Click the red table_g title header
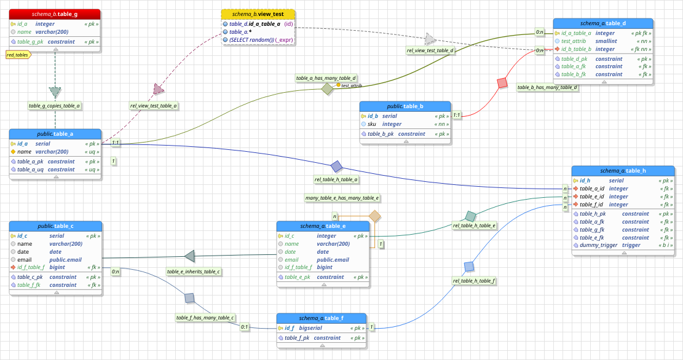[x=55, y=14]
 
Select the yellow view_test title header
[x=258, y=14]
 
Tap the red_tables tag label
[x=17, y=55]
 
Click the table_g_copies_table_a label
[x=55, y=106]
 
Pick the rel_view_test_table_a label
[x=154, y=106]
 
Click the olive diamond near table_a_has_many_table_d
[x=327, y=89]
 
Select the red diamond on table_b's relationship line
[x=502, y=82]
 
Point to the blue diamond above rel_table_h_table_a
[x=336, y=166]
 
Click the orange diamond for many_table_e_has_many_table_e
[x=374, y=216]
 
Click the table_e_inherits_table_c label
[x=194, y=271]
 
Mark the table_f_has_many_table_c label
[x=205, y=318]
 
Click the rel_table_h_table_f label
[x=474, y=281]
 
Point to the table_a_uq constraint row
[x=46, y=170]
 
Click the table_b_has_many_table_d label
[x=548, y=87]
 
